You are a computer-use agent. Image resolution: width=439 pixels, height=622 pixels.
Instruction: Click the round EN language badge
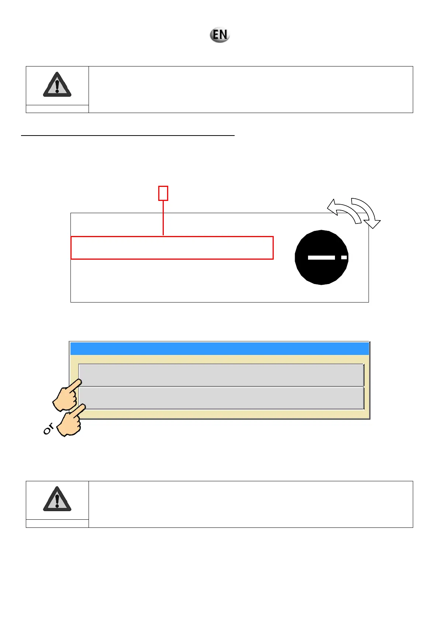click(220, 35)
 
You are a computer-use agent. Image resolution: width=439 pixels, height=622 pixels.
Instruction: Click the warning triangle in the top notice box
click(57, 85)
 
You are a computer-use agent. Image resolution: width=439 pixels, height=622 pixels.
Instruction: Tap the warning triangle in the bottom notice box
click(57, 499)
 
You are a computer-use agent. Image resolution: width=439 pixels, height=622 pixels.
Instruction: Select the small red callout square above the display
click(163, 193)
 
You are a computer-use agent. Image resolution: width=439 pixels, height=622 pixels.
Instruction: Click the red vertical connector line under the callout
click(163, 218)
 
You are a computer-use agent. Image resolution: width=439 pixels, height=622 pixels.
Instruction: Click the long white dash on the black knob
click(321, 257)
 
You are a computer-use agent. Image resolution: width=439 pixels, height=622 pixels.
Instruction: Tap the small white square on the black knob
click(344, 257)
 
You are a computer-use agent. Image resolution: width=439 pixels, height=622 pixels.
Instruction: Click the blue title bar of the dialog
click(219, 349)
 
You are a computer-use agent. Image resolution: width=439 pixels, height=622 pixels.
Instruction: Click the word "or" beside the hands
click(48, 429)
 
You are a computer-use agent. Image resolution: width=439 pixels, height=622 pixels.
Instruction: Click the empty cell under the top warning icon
click(57, 109)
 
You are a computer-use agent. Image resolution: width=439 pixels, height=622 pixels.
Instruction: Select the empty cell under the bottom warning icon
click(57, 523)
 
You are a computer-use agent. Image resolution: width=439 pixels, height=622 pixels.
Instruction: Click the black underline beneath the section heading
click(128, 136)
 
